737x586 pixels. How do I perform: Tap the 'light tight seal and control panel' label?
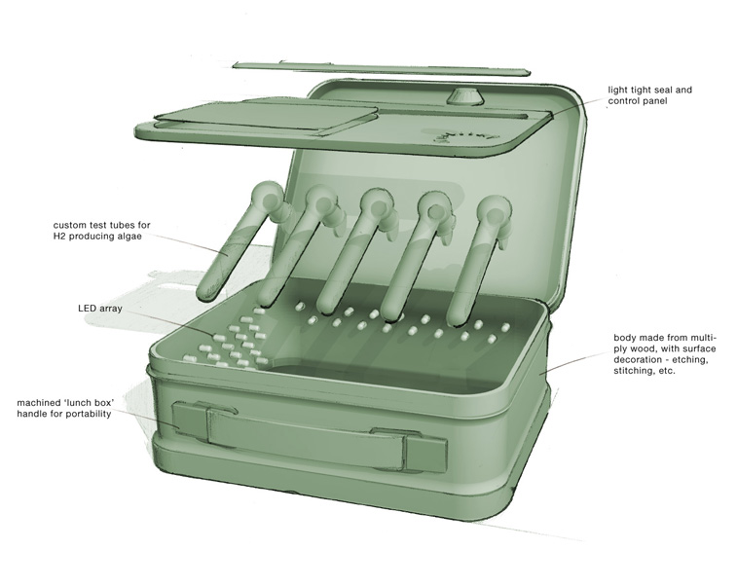click(649, 95)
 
